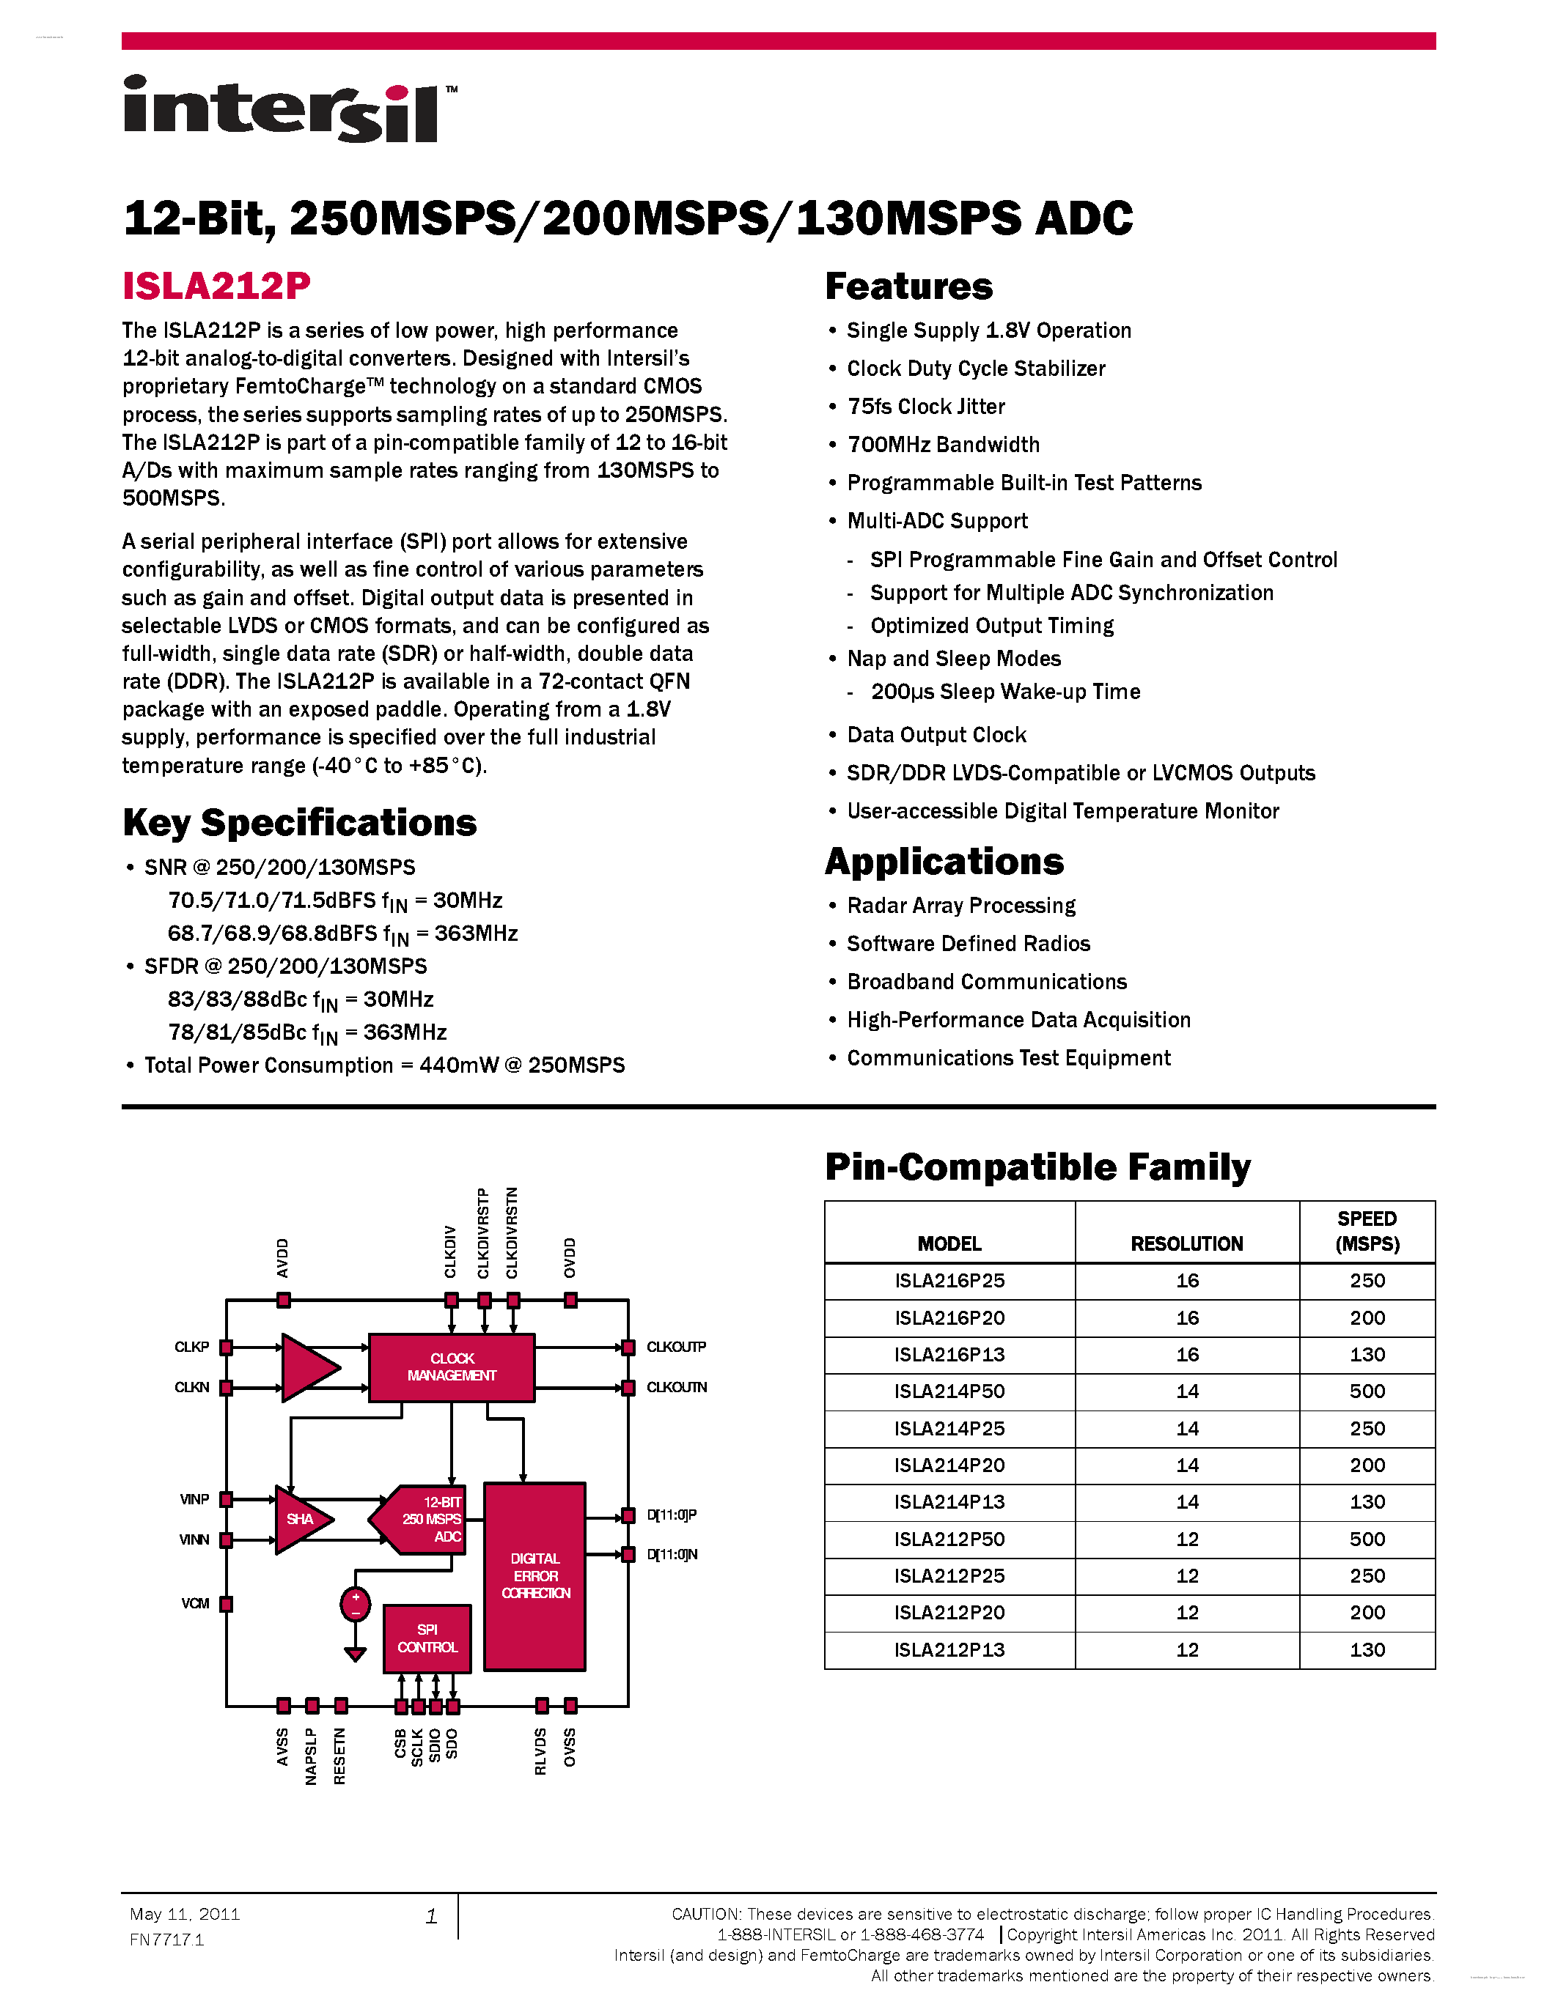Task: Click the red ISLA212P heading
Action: point(216,286)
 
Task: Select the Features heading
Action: point(908,286)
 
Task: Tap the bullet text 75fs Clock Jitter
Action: point(926,407)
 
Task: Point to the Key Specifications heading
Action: point(299,822)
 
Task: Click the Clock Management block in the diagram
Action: point(452,1367)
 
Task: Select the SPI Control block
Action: point(427,1638)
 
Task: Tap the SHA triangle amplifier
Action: point(301,1519)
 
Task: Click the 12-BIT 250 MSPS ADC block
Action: point(427,1519)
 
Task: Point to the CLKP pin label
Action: point(192,1347)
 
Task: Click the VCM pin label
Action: point(195,1602)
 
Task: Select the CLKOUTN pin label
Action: point(677,1387)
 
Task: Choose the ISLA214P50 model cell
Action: point(949,1391)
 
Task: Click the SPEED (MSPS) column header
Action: point(1367,1231)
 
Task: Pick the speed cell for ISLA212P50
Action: point(1367,1539)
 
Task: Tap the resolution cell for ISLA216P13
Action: point(1187,1354)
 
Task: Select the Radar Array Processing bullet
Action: point(961,905)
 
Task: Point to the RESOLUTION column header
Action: point(1187,1243)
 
